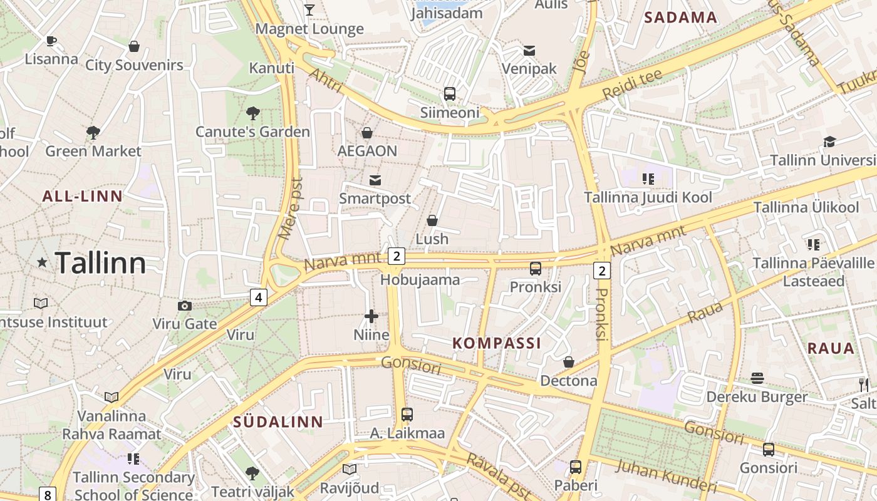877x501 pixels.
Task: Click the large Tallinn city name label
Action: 100,263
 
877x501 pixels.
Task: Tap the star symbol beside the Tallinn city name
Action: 42,262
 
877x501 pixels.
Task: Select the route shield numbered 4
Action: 259,297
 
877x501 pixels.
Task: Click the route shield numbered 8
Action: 48,494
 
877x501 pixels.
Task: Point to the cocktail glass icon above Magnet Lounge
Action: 309,9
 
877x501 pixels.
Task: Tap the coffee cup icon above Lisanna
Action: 51,41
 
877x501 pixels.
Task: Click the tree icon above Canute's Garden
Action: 252,113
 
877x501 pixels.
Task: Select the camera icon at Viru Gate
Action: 184,306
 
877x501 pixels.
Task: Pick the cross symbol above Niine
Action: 371,316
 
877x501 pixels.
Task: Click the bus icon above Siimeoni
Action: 450,94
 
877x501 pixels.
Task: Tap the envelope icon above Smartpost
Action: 375,180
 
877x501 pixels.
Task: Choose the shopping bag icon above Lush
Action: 432,220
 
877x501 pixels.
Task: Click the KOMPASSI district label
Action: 497,343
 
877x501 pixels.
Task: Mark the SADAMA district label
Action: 681,18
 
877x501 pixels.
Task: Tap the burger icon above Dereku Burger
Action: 757,378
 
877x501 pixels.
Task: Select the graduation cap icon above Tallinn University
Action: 829,142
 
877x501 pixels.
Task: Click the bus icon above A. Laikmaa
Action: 407,414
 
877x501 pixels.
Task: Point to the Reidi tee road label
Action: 633,85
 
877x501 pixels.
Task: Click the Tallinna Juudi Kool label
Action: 648,197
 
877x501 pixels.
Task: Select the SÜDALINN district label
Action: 278,422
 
